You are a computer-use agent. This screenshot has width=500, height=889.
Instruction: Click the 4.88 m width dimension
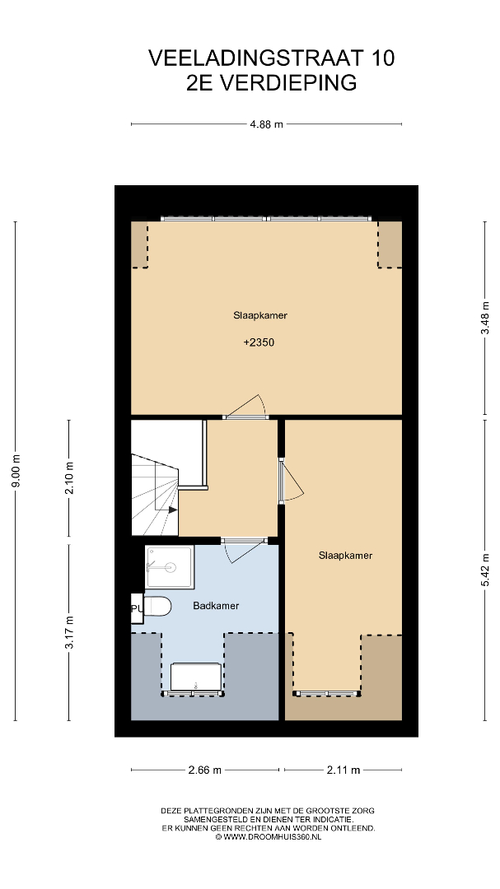tap(266, 124)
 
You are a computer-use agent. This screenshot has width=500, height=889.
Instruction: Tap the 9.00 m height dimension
tap(16, 471)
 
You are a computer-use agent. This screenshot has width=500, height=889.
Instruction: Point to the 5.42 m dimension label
tap(485, 570)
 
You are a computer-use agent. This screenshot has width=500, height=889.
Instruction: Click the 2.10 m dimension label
tap(69, 478)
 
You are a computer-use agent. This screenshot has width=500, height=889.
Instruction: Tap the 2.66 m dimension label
tap(205, 770)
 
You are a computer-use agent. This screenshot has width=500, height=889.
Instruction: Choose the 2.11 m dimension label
tap(343, 770)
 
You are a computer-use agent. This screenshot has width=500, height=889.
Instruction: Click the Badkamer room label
tap(216, 606)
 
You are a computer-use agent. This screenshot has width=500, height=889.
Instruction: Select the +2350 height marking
tap(259, 342)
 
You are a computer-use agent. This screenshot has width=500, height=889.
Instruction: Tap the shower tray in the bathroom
tap(170, 566)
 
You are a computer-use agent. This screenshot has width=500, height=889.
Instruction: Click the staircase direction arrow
tap(172, 510)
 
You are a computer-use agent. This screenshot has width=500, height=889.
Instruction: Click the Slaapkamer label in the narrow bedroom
tap(345, 556)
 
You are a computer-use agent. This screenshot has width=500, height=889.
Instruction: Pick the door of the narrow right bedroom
tap(292, 481)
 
